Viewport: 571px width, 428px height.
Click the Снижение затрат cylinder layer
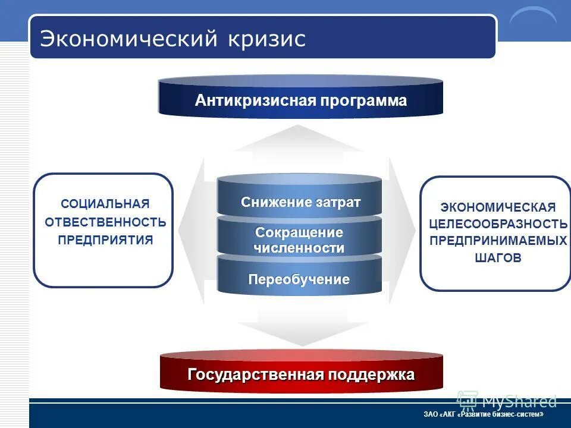click(300, 202)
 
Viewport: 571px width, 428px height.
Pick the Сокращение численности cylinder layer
click(299, 240)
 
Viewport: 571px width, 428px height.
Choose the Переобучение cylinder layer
click(299, 279)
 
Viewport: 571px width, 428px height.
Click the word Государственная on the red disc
click(255, 375)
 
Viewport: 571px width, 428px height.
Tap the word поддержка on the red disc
click(370, 375)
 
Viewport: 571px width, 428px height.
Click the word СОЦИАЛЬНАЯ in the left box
click(105, 204)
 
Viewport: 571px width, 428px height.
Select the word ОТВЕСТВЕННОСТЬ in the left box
click(105, 222)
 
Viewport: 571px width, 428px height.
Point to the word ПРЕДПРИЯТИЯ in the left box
click(105, 240)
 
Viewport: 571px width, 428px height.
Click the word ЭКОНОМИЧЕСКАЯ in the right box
click(498, 207)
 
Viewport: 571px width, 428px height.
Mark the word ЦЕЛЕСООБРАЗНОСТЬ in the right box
click(498, 224)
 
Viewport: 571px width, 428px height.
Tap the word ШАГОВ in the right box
click(498, 258)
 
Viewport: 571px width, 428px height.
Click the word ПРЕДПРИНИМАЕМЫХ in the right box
click(498, 241)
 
